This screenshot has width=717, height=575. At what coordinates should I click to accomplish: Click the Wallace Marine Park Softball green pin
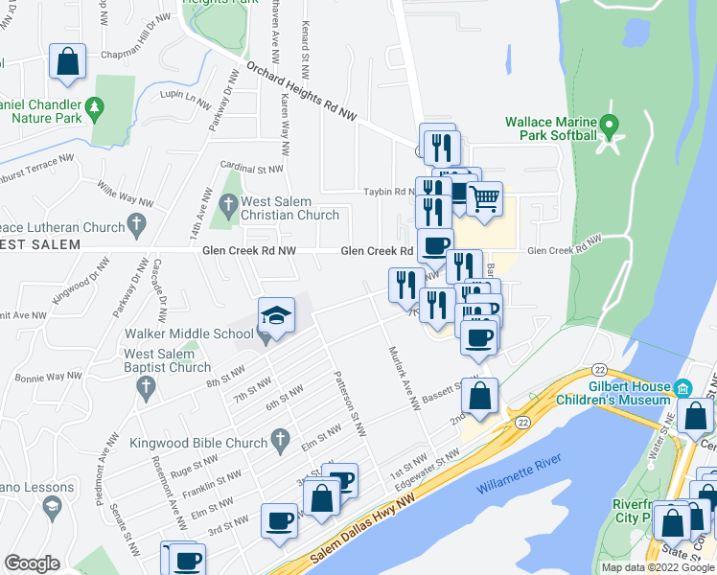608,126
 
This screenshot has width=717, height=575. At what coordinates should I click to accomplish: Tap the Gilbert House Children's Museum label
629,392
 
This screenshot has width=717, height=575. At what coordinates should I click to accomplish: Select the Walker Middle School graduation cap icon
275,316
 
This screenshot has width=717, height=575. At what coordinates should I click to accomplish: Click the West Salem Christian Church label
289,208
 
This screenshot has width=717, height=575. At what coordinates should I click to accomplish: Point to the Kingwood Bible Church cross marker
280,442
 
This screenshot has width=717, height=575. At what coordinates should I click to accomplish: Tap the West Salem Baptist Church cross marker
146,388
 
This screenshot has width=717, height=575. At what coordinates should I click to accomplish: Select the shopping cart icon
485,200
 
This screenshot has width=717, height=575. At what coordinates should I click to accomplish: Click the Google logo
32,563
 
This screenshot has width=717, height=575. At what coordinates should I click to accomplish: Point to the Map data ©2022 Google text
657,567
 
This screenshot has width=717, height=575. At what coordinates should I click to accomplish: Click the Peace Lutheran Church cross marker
136,227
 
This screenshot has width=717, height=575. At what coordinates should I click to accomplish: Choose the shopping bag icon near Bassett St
483,395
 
